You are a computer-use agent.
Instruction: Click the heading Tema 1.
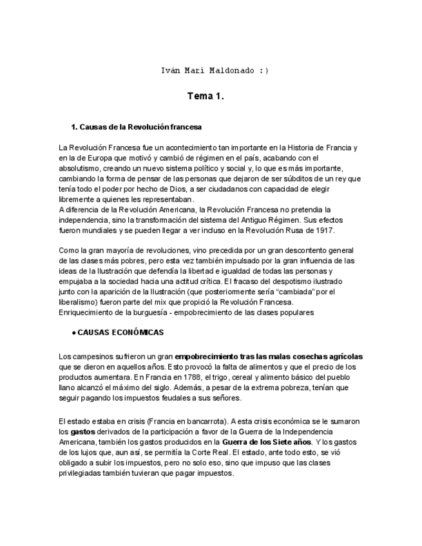click(206, 97)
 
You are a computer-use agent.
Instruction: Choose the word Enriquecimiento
click(88, 312)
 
